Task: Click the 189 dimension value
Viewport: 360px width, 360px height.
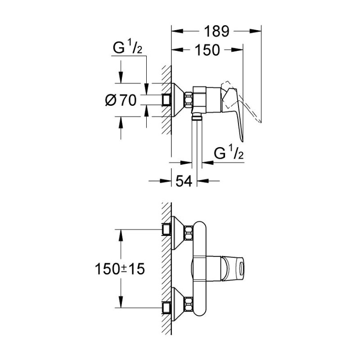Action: (216, 31)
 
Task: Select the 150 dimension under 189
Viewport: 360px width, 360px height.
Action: (207, 50)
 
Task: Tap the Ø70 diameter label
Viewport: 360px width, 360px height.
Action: (121, 100)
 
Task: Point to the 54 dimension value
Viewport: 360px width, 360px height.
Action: (184, 181)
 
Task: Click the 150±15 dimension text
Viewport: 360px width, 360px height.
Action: (120, 269)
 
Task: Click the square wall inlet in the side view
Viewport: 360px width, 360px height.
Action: (166, 100)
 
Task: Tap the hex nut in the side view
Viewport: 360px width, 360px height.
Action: (189, 99)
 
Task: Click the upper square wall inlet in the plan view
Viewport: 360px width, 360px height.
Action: (166, 229)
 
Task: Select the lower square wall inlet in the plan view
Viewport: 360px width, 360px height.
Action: (166, 308)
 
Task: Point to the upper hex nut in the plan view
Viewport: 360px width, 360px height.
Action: (189, 233)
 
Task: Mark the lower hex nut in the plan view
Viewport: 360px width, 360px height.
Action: (189, 305)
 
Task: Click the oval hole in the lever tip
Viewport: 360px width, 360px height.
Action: (241, 268)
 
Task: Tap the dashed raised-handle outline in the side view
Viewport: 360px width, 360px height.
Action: (241, 101)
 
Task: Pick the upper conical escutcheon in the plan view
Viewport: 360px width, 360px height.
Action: (178, 233)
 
